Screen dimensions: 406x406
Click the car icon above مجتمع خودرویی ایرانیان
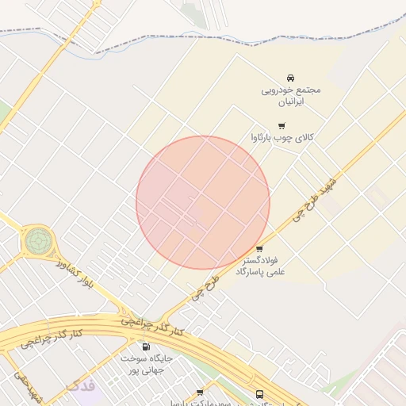point(291,78)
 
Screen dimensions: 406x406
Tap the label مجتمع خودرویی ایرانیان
point(291,96)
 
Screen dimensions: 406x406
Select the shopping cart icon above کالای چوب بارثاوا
point(282,125)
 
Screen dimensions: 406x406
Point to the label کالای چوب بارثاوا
point(282,138)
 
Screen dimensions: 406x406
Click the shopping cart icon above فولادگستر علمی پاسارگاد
point(259,249)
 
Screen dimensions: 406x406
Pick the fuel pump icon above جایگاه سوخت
point(145,347)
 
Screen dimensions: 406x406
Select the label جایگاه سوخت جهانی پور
point(146,364)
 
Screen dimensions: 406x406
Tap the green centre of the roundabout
point(37,239)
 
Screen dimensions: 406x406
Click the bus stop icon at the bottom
point(259,394)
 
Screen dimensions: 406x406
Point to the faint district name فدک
point(82,386)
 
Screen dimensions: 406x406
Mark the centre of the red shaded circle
point(203,202)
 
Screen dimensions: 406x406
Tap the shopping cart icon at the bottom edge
point(200,393)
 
